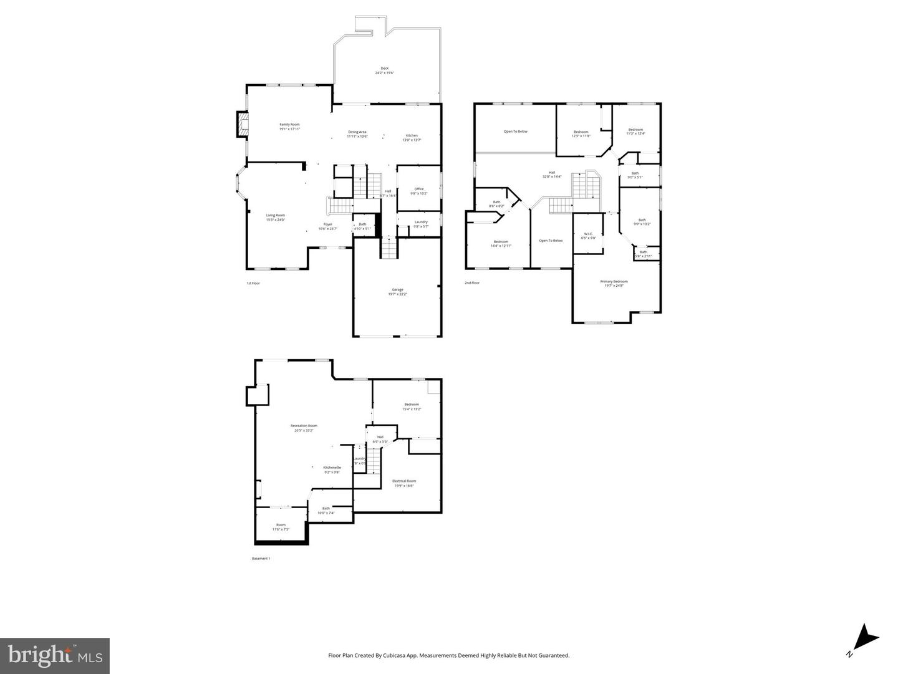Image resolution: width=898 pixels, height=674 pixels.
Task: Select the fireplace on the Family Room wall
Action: point(242,124)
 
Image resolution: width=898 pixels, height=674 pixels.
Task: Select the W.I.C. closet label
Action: point(588,236)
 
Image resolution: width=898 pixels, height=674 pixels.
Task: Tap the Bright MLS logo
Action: point(55,655)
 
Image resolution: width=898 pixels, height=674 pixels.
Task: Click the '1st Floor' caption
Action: point(253,283)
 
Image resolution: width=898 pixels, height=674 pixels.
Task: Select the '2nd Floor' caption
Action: point(472,283)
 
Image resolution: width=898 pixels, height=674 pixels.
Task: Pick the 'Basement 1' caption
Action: point(261,559)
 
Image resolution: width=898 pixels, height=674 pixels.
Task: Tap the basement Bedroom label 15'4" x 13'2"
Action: point(412,407)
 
